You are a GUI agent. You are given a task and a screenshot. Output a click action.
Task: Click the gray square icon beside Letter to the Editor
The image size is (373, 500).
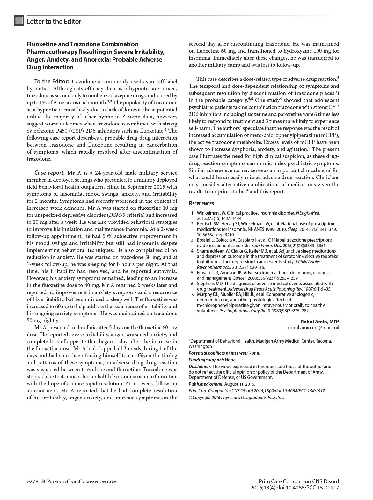[x=19, y=21]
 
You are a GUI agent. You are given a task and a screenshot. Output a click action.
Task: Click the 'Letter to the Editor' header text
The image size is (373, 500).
[x=54, y=21]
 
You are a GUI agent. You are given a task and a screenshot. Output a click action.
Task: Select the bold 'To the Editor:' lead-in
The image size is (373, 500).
[x=51, y=81]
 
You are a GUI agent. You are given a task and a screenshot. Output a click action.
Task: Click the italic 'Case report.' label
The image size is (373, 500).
[x=49, y=173]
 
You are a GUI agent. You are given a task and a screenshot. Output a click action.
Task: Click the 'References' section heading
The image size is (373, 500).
[x=201, y=203]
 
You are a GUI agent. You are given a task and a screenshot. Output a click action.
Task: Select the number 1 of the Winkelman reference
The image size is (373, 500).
[x=192, y=213]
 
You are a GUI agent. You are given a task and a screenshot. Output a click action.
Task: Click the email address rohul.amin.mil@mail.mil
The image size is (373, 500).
[x=313, y=327]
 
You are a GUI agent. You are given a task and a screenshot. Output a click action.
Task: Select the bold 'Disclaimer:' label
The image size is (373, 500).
[x=200, y=366]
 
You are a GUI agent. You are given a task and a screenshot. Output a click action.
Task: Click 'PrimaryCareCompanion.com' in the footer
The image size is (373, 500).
[x=82, y=481]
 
